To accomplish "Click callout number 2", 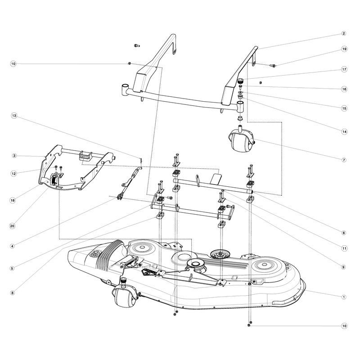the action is coord(344,33).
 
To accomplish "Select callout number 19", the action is coord(344,49).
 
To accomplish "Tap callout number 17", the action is coord(344,69).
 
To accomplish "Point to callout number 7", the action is coord(344,160).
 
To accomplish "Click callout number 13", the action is coord(14,116).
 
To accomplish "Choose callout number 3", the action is coord(14,156).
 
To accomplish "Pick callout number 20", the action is coord(13,226).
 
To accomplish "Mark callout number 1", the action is coord(344,297).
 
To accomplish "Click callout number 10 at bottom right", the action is coord(344,326).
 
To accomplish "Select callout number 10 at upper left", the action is coord(13,63).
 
